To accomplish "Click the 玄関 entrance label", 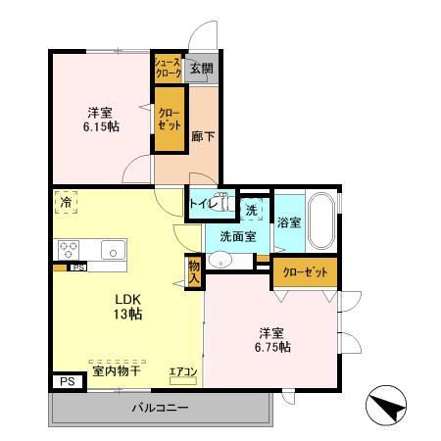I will click(x=201, y=68).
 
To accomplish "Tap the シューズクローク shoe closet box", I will click(x=167, y=68).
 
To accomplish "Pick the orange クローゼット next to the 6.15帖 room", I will click(x=169, y=121).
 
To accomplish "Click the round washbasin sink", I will click(x=222, y=260).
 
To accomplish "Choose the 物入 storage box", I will click(x=193, y=269).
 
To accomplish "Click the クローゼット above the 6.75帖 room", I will click(x=305, y=272).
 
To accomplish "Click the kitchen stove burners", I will click(x=70, y=249).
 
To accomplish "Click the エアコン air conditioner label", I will click(x=183, y=370).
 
